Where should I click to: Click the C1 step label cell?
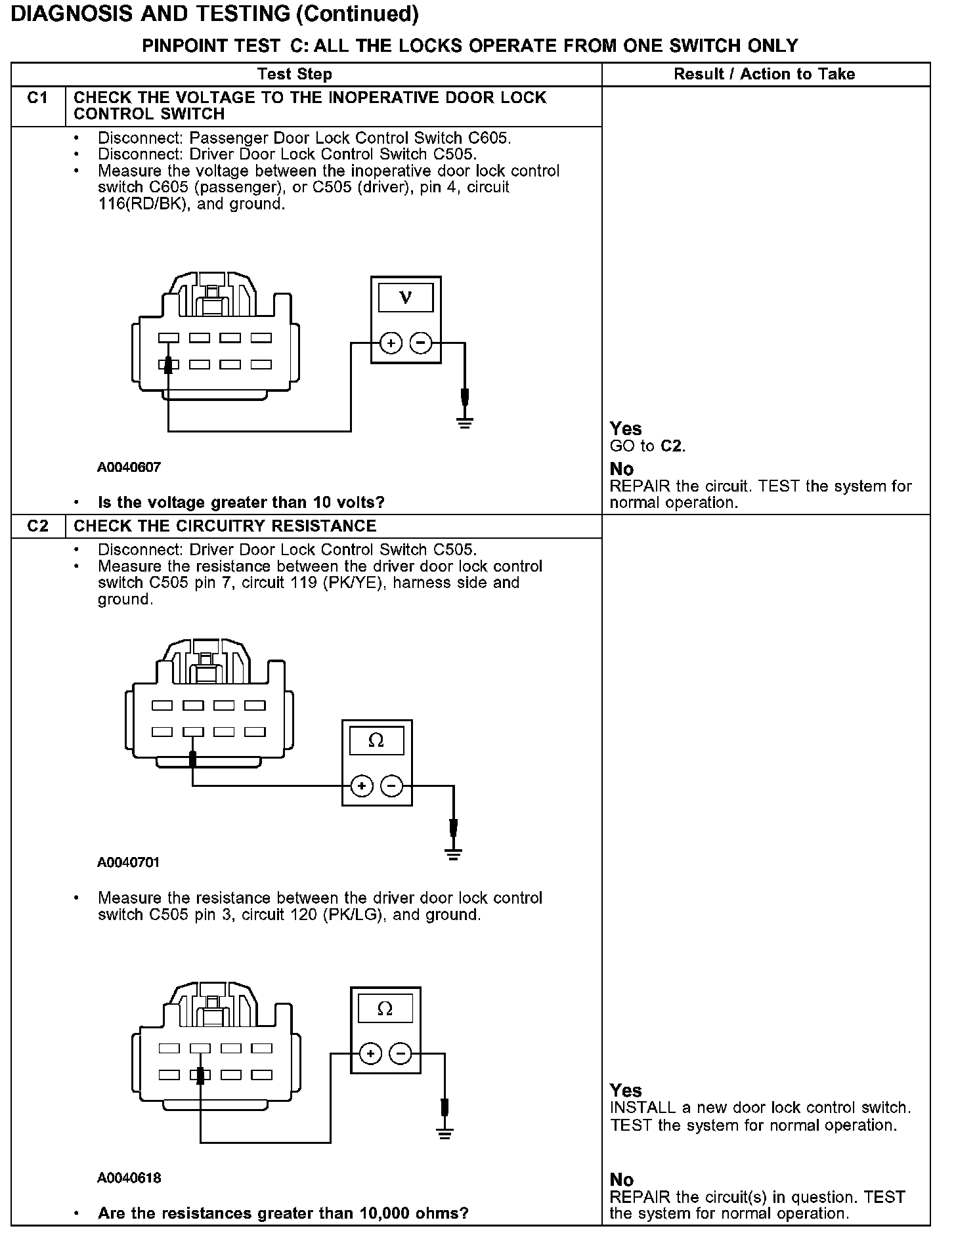(x=38, y=98)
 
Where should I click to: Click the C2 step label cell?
(x=38, y=526)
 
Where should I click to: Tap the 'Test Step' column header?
(x=295, y=74)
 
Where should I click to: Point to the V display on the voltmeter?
(x=406, y=297)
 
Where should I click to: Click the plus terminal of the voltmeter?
(x=391, y=343)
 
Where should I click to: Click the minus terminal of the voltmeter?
(x=421, y=343)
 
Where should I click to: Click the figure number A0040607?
(x=129, y=467)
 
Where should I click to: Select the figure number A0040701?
(x=129, y=862)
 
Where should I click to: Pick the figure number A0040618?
(x=129, y=1178)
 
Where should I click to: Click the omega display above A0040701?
(x=377, y=741)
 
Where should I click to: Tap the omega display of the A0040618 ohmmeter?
(x=385, y=1009)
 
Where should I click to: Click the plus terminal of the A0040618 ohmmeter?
(x=370, y=1054)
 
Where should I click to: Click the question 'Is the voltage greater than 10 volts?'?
(x=241, y=503)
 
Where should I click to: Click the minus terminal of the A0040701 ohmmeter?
(x=392, y=786)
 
